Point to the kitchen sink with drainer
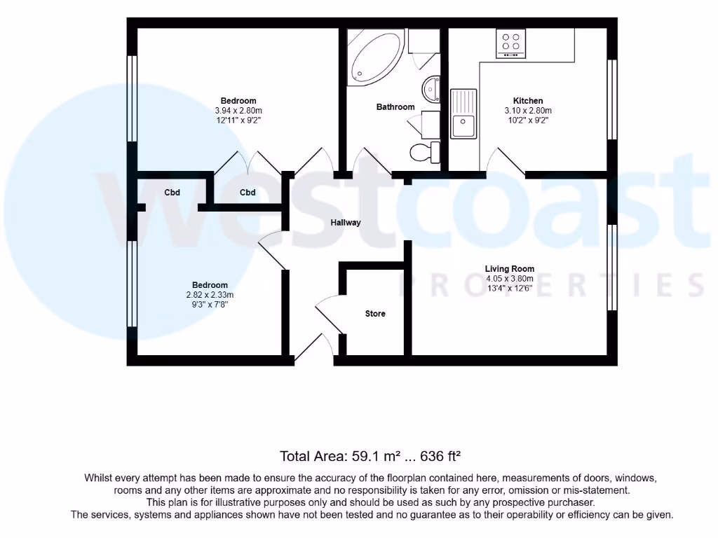[x=463, y=114]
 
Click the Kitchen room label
[x=528, y=101]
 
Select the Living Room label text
[x=510, y=268]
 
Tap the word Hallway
[x=346, y=223]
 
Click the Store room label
[x=375, y=314]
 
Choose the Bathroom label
[x=395, y=107]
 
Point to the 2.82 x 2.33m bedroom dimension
[x=210, y=295]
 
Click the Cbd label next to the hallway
[x=248, y=193]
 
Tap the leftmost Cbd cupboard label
[x=172, y=193]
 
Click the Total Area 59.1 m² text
[x=370, y=456]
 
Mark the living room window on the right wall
[x=612, y=268]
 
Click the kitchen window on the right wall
[x=612, y=99]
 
